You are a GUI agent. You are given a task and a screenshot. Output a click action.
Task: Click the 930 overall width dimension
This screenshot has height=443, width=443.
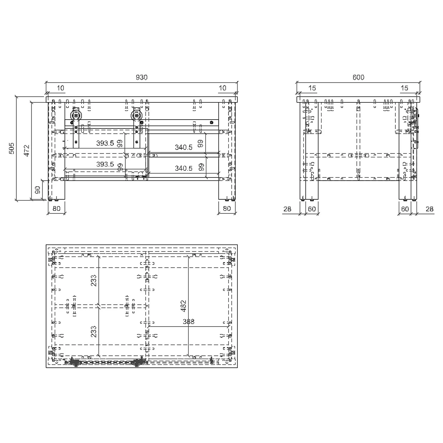pos(141,77)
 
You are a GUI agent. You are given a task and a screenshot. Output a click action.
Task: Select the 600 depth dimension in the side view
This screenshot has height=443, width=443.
pos(358,77)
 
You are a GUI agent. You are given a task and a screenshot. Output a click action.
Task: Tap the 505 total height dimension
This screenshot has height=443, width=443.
pos(11,148)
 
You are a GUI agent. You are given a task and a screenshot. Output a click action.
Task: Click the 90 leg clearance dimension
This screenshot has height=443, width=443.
pos(38,190)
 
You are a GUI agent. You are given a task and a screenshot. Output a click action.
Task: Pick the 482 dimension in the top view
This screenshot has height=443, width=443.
pos(183,306)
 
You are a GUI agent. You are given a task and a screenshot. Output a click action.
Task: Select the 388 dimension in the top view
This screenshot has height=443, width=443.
pos(188,322)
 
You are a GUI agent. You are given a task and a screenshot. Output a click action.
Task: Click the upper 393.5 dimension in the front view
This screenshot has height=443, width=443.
pos(105,143)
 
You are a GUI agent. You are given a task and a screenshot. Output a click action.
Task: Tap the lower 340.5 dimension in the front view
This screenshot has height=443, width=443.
pos(183,168)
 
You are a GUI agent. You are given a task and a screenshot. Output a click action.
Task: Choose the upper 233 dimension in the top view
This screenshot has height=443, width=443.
pos(93,281)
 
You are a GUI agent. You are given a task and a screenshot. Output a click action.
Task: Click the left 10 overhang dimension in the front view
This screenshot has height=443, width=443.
pos(60,88)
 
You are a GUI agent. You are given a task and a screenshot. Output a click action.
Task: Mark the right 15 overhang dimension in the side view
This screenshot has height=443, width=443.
pos(404,88)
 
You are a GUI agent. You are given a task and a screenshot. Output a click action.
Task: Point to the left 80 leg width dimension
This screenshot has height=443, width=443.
pos(56,209)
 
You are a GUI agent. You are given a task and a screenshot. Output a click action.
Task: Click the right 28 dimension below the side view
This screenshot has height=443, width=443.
pos(429,209)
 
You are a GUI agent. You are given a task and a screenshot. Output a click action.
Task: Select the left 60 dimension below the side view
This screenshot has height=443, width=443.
pos(312,209)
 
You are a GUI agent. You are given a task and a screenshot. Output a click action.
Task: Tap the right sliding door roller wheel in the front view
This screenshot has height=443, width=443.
pos(137,115)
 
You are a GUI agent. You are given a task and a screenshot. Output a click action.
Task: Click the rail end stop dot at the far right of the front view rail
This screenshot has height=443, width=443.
pos(211,122)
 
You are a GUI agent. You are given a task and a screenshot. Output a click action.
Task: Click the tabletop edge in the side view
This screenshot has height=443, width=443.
pos(358,100)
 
